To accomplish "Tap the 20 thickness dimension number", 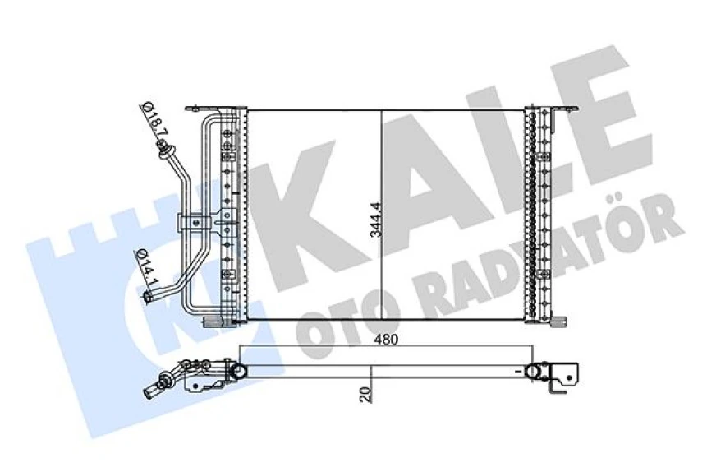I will (365, 392).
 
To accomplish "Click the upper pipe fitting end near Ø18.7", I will (164, 150).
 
